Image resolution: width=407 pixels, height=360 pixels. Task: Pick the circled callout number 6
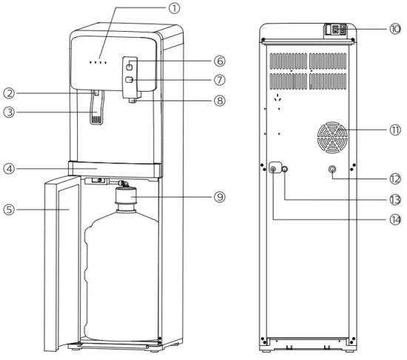click(x=219, y=61)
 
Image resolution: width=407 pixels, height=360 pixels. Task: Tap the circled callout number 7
click(x=219, y=79)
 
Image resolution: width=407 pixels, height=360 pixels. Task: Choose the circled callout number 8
click(x=219, y=101)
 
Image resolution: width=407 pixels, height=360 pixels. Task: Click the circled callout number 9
click(x=219, y=197)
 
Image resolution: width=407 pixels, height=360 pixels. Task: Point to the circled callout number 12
click(x=392, y=178)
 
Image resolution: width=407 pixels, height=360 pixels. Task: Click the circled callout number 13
click(x=392, y=200)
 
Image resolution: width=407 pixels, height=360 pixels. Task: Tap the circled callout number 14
click(x=392, y=220)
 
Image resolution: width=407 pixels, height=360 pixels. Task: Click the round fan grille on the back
click(x=331, y=137)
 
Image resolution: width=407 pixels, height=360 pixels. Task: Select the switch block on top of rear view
click(x=337, y=31)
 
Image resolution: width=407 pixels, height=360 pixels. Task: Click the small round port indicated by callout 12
click(x=331, y=170)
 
